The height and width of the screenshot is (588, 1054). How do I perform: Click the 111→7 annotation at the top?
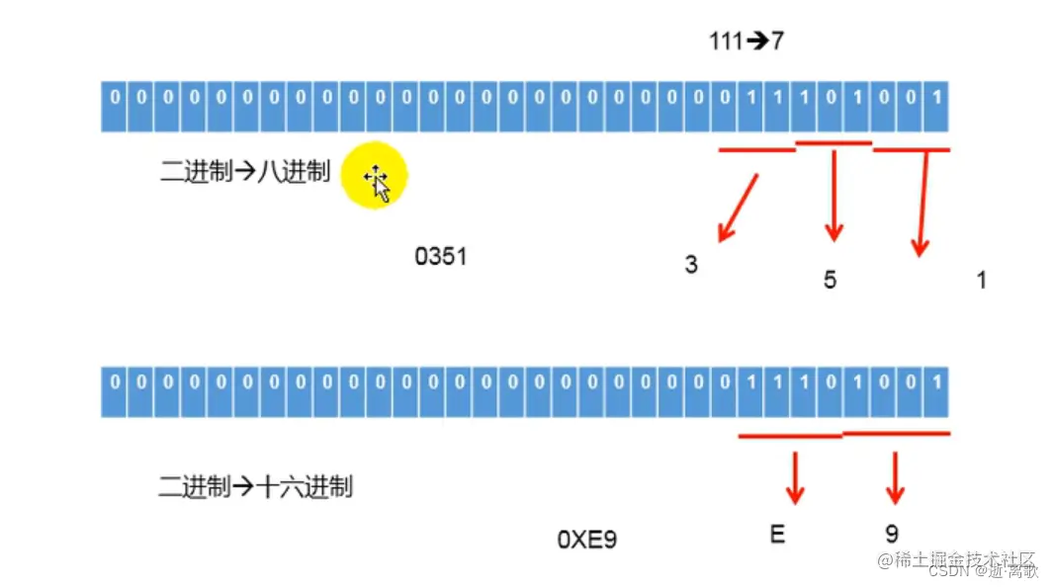pyautogui.click(x=747, y=42)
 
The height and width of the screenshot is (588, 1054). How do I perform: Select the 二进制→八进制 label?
pyautogui.click(x=244, y=172)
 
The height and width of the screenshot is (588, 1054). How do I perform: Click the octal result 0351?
pyautogui.click(x=440, y=257)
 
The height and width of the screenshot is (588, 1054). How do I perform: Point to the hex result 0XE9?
pyautogui.click(x=586, y=540)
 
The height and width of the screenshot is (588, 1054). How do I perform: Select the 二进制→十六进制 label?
pyautogui.click(x=255, y=486)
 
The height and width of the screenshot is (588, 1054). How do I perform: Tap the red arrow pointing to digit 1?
pyautogui.click(x=923, y=204)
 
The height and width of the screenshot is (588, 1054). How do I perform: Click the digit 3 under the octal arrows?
pyautogui.click(x=691, y=265)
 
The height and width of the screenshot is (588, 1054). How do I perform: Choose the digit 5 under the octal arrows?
pyautogui.click(x=830, y=280)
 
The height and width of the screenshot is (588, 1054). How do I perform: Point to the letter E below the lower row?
pyautogui.click(x=776, y=535)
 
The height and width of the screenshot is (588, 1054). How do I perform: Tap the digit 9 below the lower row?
pyautogui.click(x=892, y=535)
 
